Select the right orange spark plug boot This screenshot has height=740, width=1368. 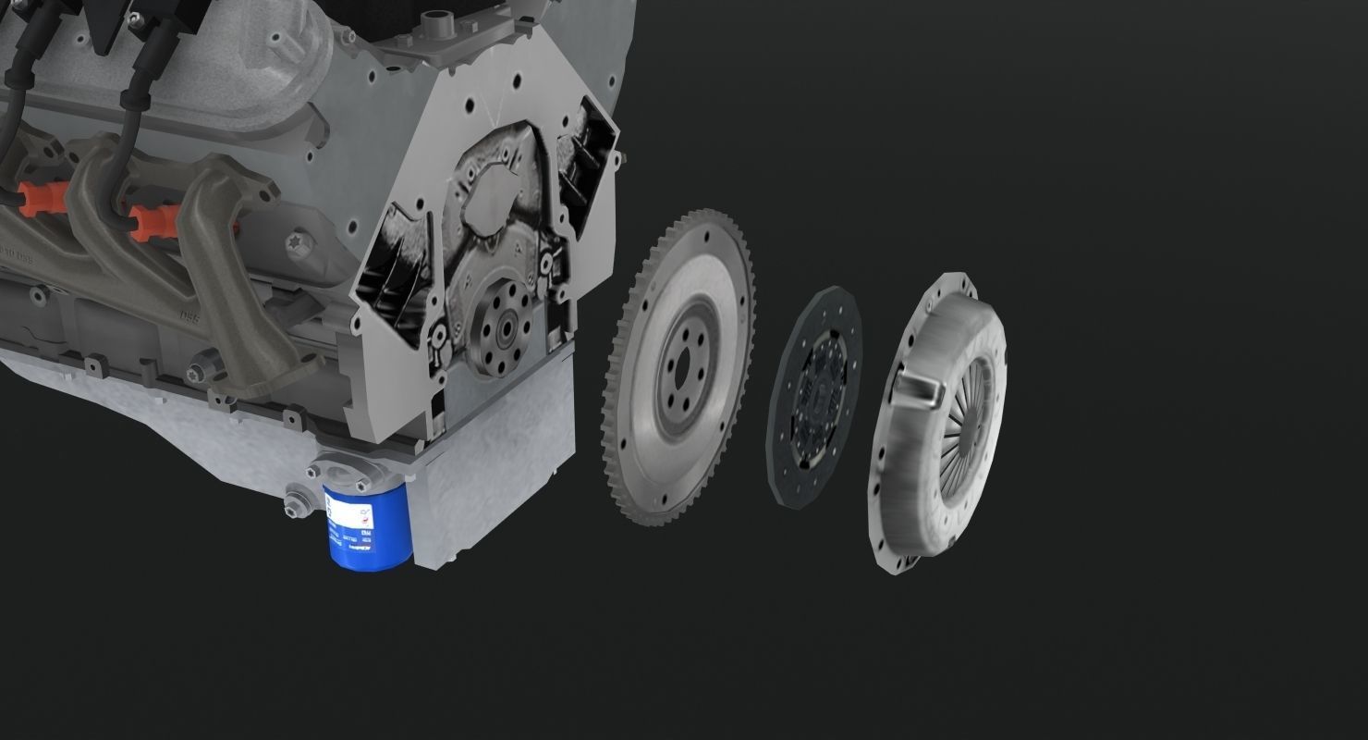click(152, 223)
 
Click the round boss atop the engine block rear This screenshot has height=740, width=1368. click(434, 18)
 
